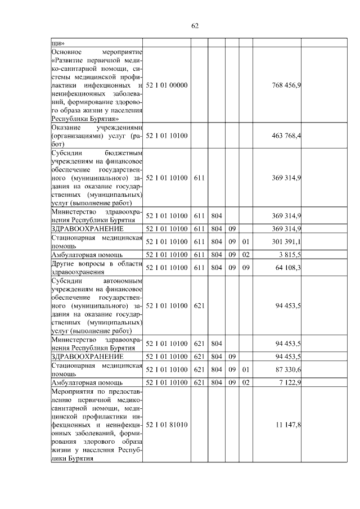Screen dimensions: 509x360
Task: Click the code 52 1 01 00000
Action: coord(166,85)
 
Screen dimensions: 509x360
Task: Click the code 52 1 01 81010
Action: coord(166,425)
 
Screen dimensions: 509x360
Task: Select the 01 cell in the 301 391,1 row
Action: coord(245,242)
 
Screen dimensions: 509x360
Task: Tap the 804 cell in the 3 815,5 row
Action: coord(216,255)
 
